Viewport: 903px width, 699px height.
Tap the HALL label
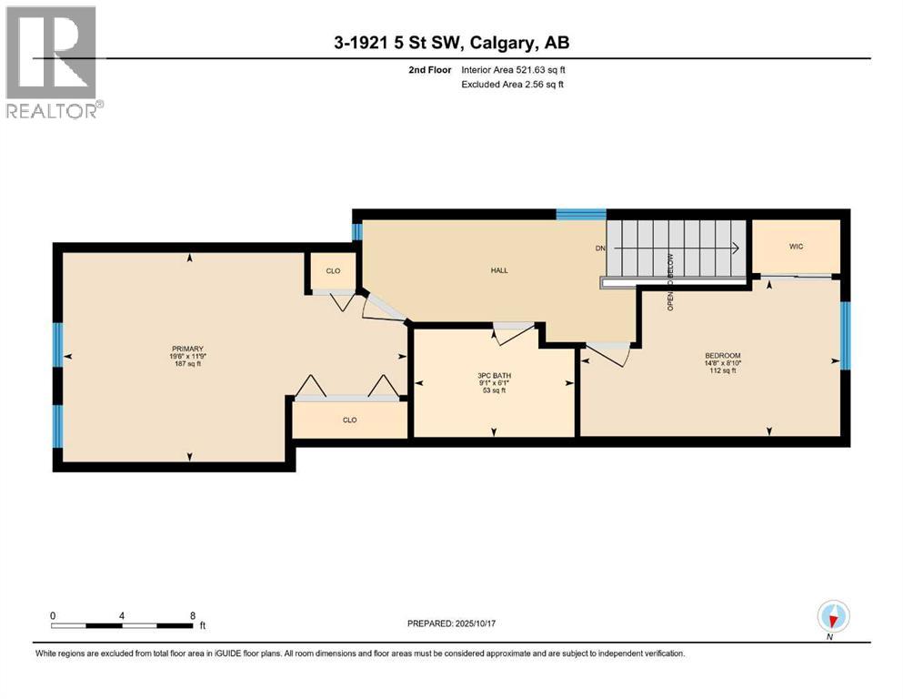(498, 270)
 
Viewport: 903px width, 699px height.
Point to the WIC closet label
(796, 247)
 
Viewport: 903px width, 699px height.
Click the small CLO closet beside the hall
(333, 270)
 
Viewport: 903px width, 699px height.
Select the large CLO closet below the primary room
(349, 420)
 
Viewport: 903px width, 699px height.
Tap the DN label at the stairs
(600, 248)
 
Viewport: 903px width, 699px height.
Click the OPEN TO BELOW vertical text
(669, 282)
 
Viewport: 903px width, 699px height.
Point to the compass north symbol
(832, 616)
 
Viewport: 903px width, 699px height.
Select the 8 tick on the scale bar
(193, 615)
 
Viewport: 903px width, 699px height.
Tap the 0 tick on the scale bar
(53, 615)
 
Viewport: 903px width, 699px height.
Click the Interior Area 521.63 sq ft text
(514, 69)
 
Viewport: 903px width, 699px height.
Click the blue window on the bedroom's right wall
(845, 335)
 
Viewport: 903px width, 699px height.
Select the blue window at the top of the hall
(581, 215)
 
